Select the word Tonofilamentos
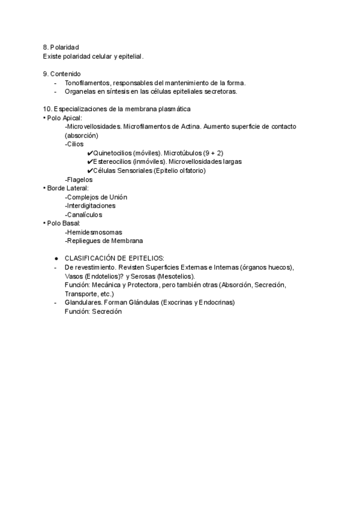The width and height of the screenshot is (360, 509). [x=88, y=83]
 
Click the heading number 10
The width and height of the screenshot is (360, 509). [x=47, y=109]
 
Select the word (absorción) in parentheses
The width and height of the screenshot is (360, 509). [x=81, y=136]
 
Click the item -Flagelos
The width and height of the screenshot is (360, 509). [x=79, y=179]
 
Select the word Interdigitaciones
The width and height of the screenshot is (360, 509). [x=92, y=206]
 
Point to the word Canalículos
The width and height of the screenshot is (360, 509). [x=85, y=215]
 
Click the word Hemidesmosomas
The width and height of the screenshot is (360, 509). [x=94, y=232]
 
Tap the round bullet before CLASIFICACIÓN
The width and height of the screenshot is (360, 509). [x=56, y=259]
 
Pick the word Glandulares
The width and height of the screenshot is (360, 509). [x=83, y=303]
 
